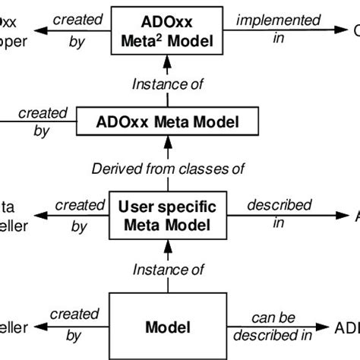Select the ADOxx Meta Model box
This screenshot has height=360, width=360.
pyautogui.click(x=169, y=120)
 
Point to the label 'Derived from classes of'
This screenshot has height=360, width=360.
pyautogui.click(x=169, y=168)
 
